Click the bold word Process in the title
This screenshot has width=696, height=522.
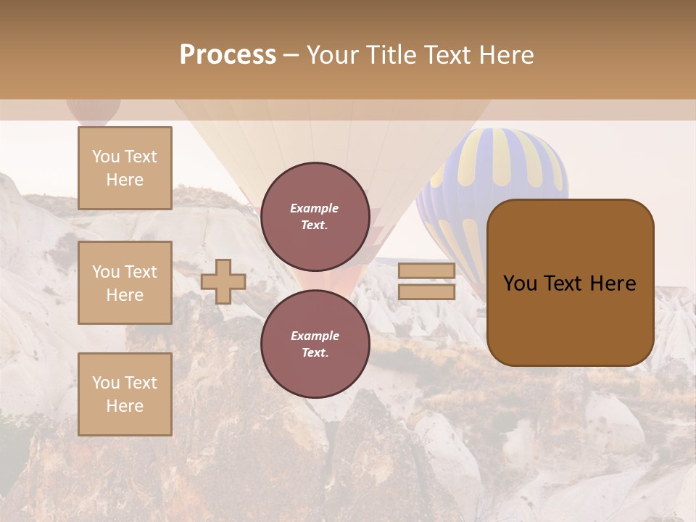pos(228,55)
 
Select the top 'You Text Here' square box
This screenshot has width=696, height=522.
pos(125,168)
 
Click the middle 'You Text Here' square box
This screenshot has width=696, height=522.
pos(125,283)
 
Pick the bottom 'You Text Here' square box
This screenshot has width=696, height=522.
pos(125,394)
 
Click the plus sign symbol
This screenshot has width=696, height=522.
pos(223,281)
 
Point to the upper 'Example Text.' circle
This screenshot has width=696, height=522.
pos(315,217)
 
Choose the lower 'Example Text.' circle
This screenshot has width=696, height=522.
pos(315,344)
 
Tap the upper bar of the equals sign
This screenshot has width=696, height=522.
pos(426,271)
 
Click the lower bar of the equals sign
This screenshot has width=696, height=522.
pos(426,291)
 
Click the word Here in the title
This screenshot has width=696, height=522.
pos(507,55)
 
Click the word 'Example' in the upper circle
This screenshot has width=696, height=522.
pos(315,208)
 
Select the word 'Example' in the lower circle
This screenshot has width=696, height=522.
pos(315,336)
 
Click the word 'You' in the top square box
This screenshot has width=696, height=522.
pos(106,157)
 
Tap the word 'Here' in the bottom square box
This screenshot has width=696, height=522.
pos(125,406)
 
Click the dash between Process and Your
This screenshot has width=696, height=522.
pos(291,56)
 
